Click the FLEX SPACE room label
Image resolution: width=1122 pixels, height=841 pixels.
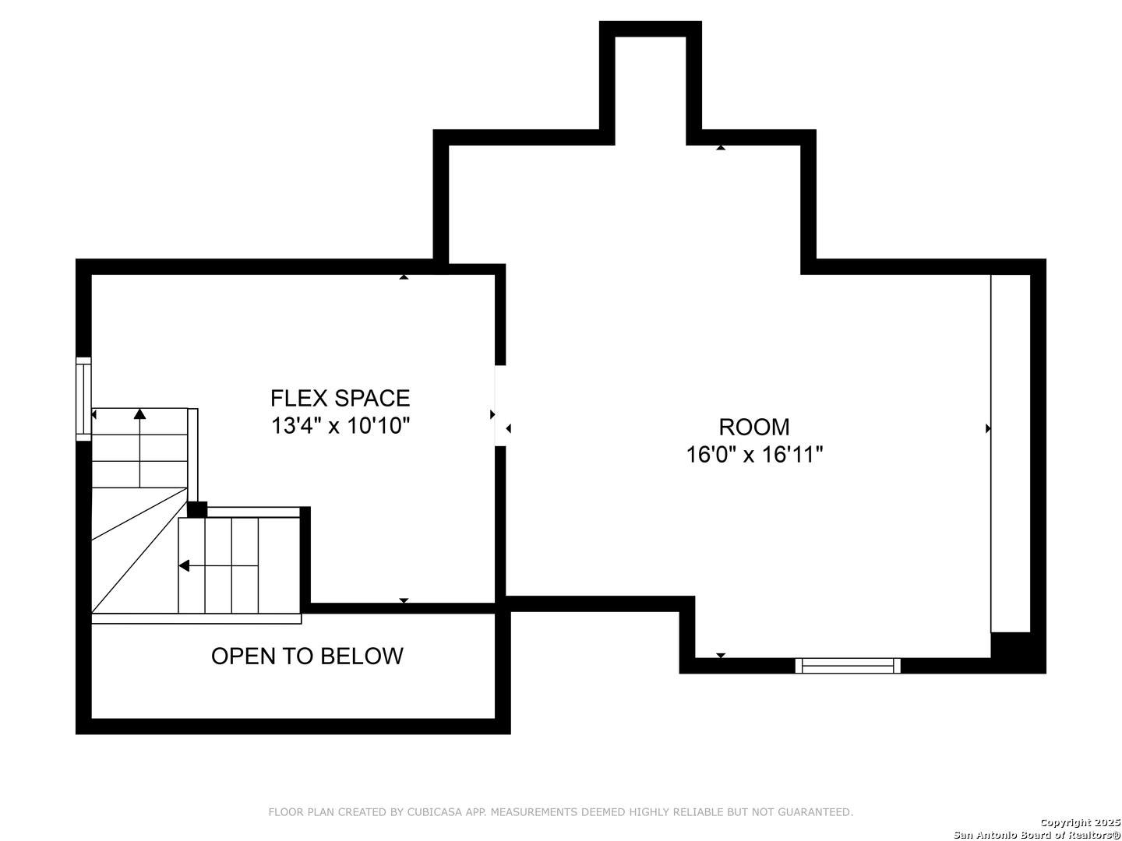point(340,398)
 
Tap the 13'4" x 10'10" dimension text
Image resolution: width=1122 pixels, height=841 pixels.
point(340,425)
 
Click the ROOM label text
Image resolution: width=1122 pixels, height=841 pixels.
point(754,427)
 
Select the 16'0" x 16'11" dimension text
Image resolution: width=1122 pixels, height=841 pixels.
point(754,455)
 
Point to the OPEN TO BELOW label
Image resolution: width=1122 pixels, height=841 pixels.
point(307,656)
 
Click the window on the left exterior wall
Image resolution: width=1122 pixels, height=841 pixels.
point(84,399)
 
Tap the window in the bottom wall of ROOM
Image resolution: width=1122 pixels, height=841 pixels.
point(848,666)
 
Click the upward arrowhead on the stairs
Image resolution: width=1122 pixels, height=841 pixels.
point(139,413)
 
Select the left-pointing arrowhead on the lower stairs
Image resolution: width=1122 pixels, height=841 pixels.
point(184,566)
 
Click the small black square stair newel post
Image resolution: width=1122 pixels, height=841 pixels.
point(197,509)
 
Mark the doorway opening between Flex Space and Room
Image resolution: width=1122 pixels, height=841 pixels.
point(500,406)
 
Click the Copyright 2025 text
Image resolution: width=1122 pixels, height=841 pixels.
point(1080,822)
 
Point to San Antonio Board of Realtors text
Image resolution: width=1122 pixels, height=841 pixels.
point(1037,835)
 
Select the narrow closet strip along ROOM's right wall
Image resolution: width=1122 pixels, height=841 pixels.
point(1011,453)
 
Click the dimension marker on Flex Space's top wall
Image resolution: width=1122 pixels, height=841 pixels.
point(404,276)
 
